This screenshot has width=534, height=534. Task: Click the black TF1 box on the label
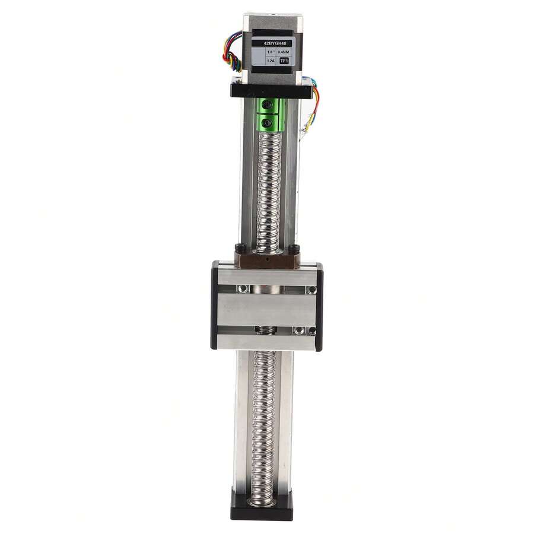pos(284,61)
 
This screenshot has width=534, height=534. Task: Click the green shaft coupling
pos(270,115)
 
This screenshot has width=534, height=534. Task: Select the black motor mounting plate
pos(271,91)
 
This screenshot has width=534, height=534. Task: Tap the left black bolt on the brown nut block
pos(240,248)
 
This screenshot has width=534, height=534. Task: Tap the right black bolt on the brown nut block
pos(294,249)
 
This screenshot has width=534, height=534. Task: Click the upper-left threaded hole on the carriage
pos(241,289)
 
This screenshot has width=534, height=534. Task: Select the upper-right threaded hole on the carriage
pos(310,290)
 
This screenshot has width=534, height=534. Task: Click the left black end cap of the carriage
pos(214,305)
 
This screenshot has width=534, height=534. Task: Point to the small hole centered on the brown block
pos(267,259)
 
